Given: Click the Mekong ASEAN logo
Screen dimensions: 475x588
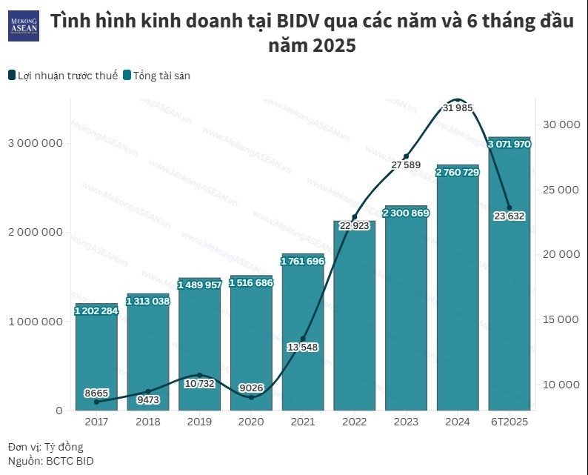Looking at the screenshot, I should pyautogui.click(x=23, y=26).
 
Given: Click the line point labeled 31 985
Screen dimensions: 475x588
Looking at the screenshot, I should pyautogui.click(x=458, y=99).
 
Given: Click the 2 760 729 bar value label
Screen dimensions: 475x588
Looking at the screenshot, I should pyautogui.click(x=458, y=173).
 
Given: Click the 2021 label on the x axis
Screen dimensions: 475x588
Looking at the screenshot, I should pyautogui.click(x=303, y=422).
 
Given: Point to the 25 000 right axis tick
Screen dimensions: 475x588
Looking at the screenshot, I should pyautogui.click(x=561, y=189).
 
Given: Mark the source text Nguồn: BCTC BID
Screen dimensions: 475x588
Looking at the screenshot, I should pyautogui.click(x=51, y=461).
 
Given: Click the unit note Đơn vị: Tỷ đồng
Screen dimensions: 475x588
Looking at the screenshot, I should pyautogui.click(x=46, y=447).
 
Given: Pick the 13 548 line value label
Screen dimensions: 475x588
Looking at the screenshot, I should pyautogui.click(x=302, y=347).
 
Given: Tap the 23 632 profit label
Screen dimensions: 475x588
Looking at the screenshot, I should pyautogui.click(x=509, y=216).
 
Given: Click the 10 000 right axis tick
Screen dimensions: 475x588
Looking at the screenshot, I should pyautogui.click(x=561, y=385).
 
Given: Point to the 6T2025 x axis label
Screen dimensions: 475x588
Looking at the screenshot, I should pyautogui.click(x=509, y=422).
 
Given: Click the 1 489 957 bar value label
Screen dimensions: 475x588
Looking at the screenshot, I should pyautogui.click(x=199, y=285).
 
